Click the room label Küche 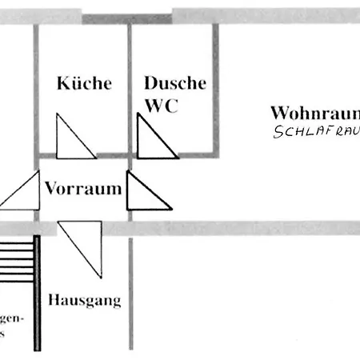[84, 84]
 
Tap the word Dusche [174, 83]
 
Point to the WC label [161, 106]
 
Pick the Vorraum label [82, 190]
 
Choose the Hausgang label [84, 302]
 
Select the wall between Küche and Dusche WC [130, 88]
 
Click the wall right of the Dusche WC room [214, 88]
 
